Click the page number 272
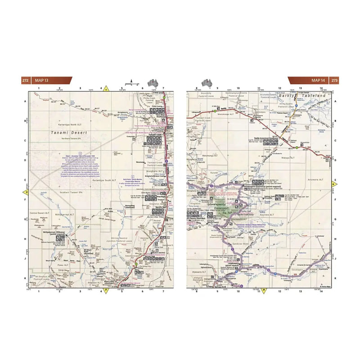[x=25, y=81]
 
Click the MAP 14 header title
[x=318, y=81]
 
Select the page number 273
[x=334, y=81]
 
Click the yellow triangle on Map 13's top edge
[x=106, y=89]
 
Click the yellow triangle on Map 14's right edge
[x=334, y=184]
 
